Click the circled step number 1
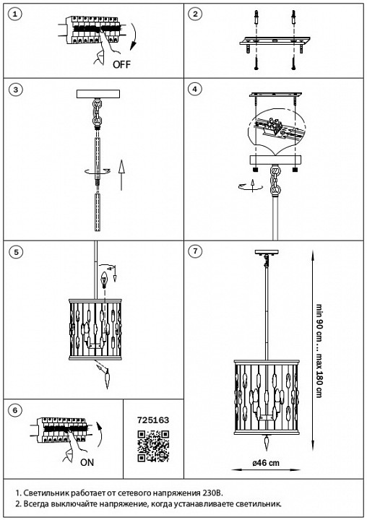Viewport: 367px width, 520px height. [x=15, y=14]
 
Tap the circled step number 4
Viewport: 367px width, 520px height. [x=195, y=90]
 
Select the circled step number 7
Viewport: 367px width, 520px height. [x=195, y=251]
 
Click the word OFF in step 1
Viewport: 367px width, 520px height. [x=122, y=64]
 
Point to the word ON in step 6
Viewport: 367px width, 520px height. [x=87, y=462]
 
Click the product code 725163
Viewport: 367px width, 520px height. [x=153, y=420]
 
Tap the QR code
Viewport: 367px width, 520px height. [x=153, y=446]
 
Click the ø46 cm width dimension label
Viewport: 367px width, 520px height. [x=266, y=463]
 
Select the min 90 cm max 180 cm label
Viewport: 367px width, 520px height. [x=319, y=350]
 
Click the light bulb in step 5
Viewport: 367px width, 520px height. [x=105, y=280]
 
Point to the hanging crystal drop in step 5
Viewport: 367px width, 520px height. [x=107, y=379]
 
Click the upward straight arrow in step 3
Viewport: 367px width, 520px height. [x=121, y=175]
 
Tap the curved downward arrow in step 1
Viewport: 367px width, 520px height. [x=134, y=37]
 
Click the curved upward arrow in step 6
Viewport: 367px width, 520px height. [x=98, y=435]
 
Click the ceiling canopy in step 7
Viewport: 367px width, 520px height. [x=267, y=252]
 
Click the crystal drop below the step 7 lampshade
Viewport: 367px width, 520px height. [x=267, y=443]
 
